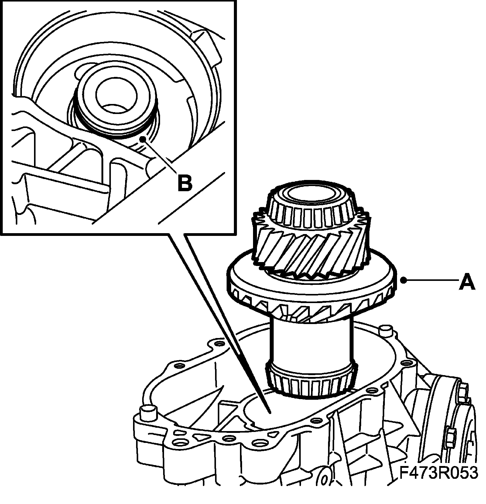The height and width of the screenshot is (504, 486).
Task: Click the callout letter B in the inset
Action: tap(185, 182)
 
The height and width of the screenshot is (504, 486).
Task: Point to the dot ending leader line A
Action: tap(403, 280)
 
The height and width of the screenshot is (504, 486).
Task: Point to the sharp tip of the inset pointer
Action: tap(269, 413)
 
